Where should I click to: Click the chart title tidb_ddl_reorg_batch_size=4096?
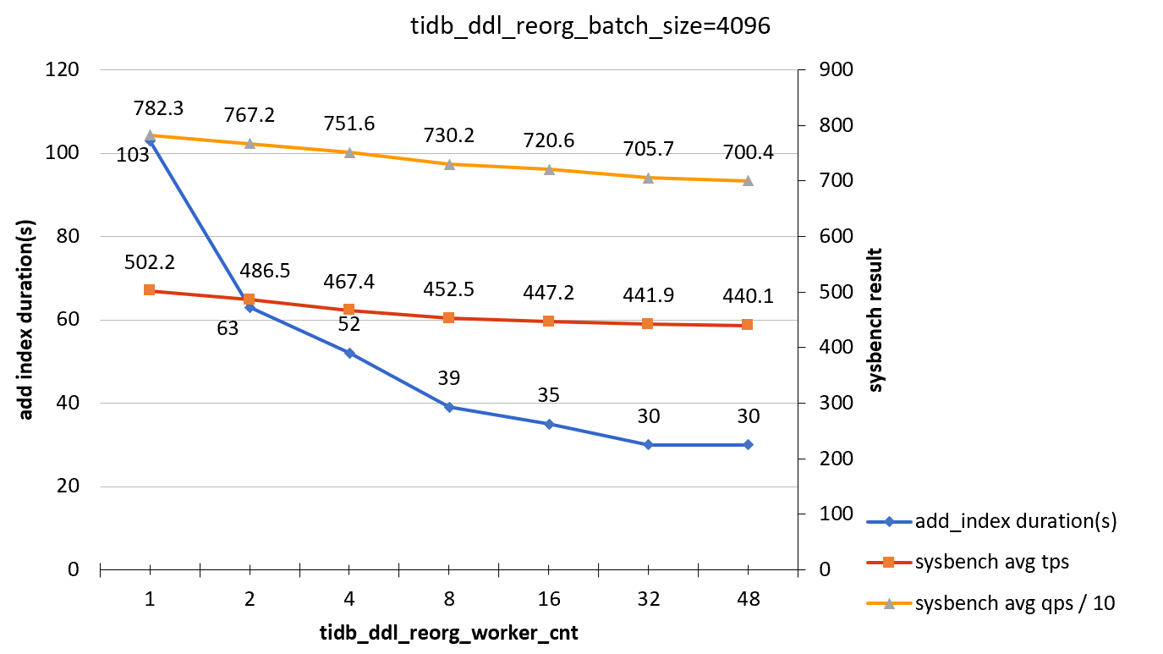[x=589, y=26]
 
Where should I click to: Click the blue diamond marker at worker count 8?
[x=449, y=407]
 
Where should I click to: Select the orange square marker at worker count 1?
[x=150, y=290]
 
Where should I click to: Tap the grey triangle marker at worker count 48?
[x=748, y=181]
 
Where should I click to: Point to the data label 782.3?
[x=158, y=108]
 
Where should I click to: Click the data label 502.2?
[x=149, y=263]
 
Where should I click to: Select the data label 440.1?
[x=747, y=297]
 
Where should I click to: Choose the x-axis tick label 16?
[x=548, y=599]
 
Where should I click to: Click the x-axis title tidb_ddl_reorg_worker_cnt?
[x=448, y=633]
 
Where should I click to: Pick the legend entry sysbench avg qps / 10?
[x=1009, y=602]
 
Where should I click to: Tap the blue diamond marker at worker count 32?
[x=648, y=444]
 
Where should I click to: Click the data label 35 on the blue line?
[x=548, y=395]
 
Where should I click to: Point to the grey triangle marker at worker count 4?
[x=349, y=152]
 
